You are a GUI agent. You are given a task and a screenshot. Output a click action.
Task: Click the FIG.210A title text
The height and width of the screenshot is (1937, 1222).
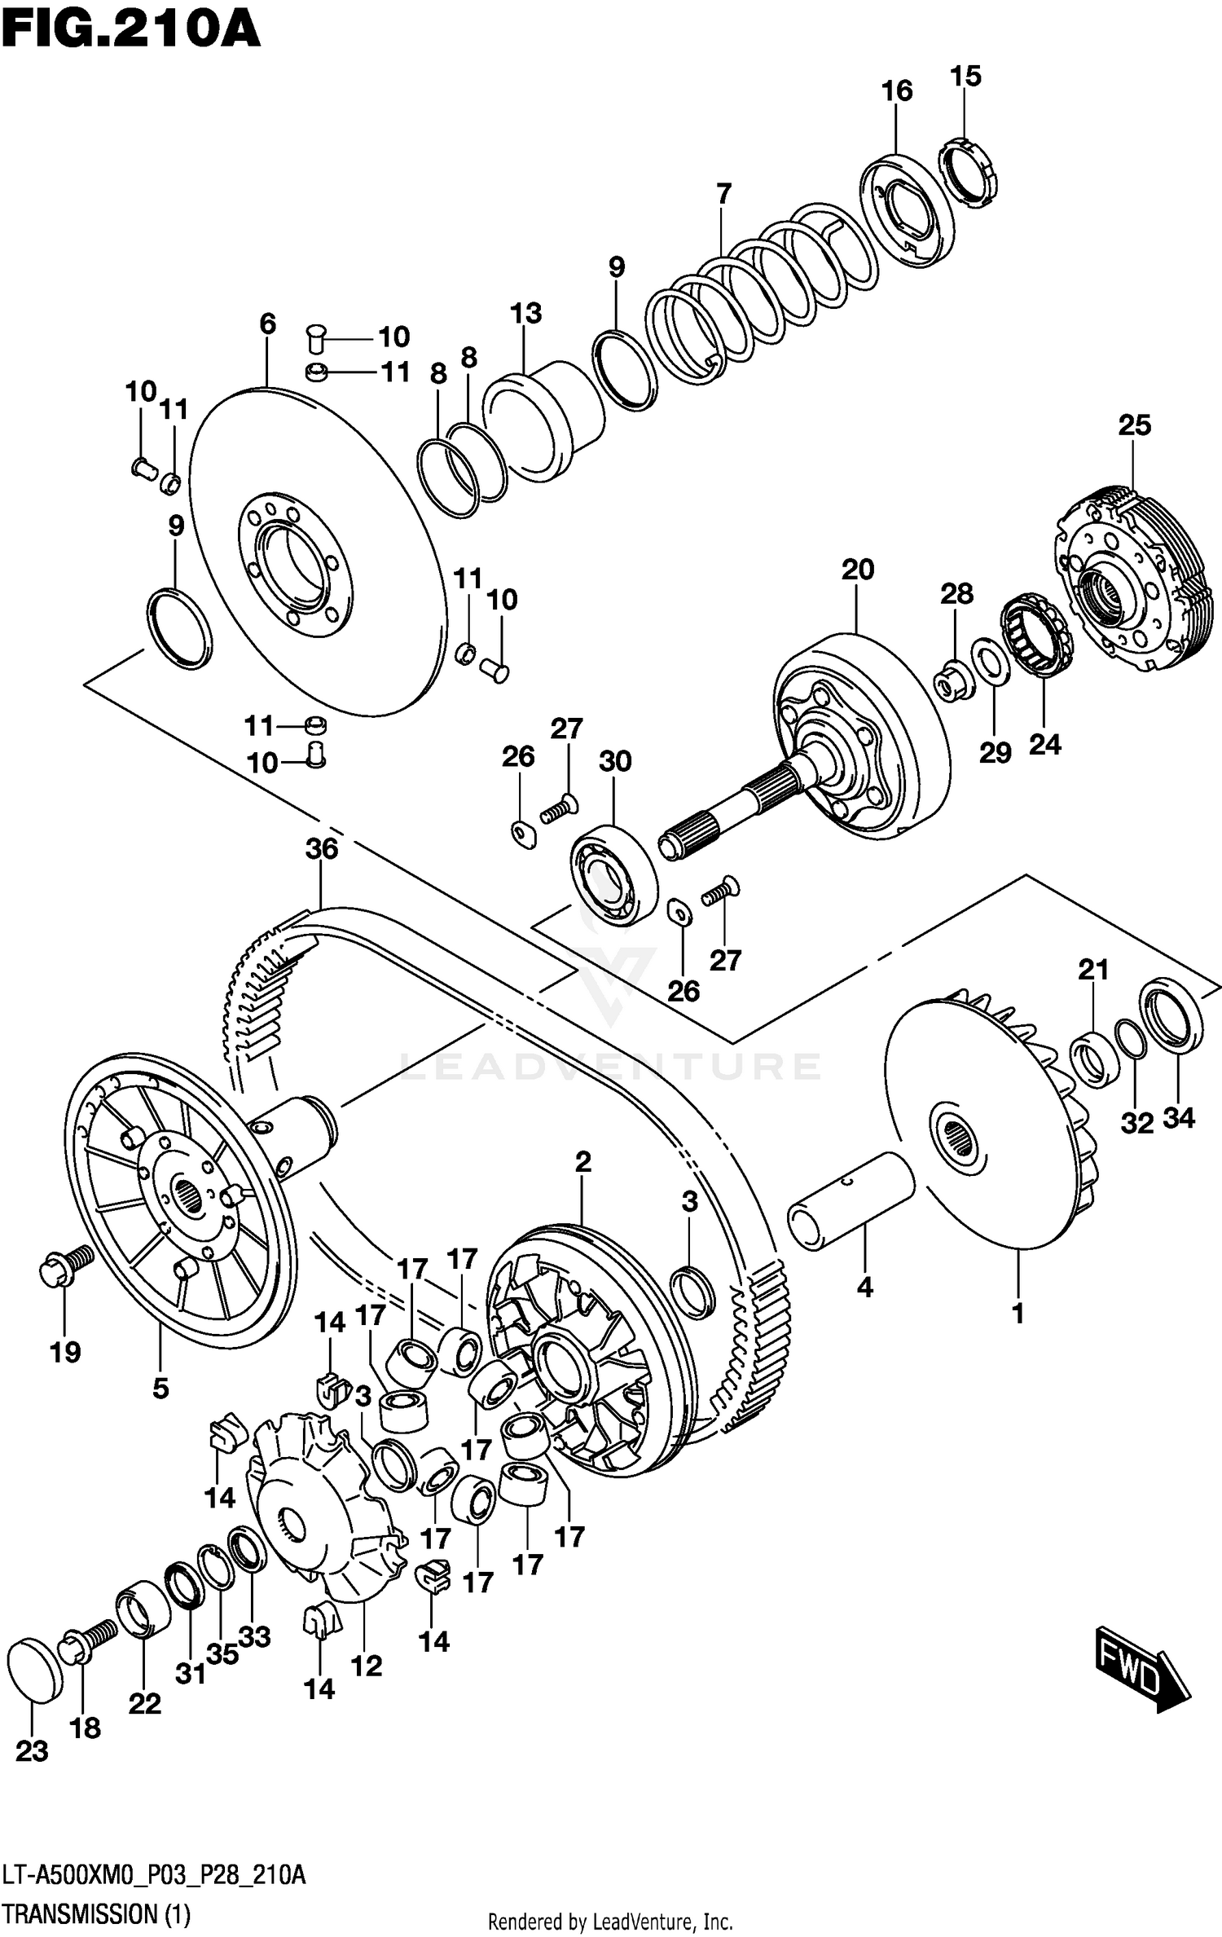point(130,31)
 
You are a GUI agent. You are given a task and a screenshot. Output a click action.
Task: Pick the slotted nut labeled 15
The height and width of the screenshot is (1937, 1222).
point(969,173)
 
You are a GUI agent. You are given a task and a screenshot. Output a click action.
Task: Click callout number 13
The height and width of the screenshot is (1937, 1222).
point(525,313)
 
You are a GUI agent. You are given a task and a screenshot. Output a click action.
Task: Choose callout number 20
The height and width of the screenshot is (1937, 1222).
point(857,569)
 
